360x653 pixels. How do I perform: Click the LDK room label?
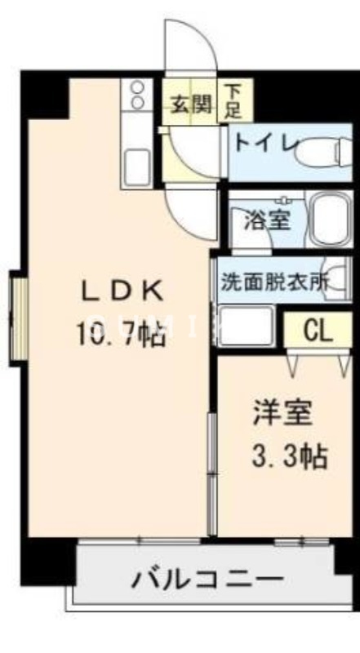pyautogui.click(x=125, y=291)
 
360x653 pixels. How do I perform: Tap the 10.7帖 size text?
pyautogui.click(x=122, y=334)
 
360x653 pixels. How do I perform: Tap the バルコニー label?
pyautogui.click(x=208, y=581)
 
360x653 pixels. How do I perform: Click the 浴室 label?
pyautogui.click(x=267, y=219)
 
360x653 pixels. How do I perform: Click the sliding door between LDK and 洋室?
pyautogui.click(x=211, y=473)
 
